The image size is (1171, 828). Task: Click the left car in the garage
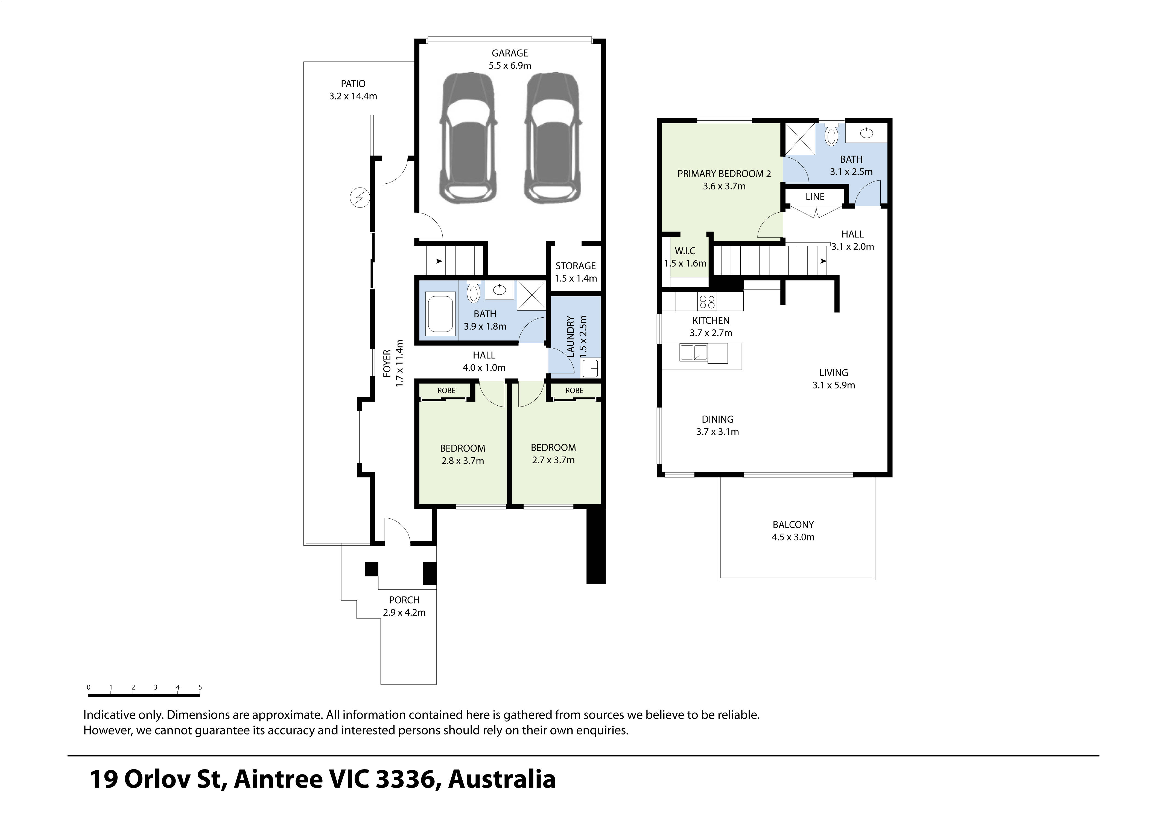tap(468, 138)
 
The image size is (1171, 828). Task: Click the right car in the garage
tap(553, 138)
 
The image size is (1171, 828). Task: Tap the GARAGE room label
tap(510, 53)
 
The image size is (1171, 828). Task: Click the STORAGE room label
tap(575, 266)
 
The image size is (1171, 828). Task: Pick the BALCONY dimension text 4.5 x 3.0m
tap(793, 537)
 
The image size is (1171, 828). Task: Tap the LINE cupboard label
tap(814, 196)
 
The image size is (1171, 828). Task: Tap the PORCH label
tap(404, 600)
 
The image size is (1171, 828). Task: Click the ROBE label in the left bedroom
tap(446, 391)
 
